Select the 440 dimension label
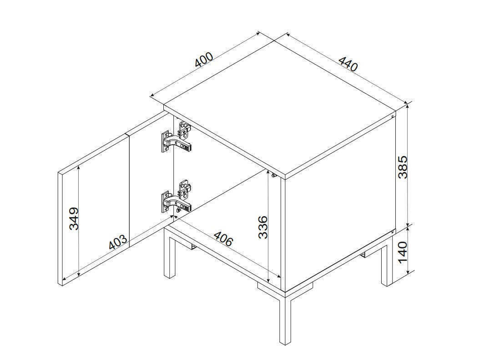(x=348, y=64)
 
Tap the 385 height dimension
(x=403, y=167)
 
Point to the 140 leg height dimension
(x=403, y=252)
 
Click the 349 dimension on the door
(x=74, y=218)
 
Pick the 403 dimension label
(x=118, y=242)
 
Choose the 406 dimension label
(x=223, y=238)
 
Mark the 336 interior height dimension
(x=263, y=227)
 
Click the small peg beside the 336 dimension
(x=274, y=176)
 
